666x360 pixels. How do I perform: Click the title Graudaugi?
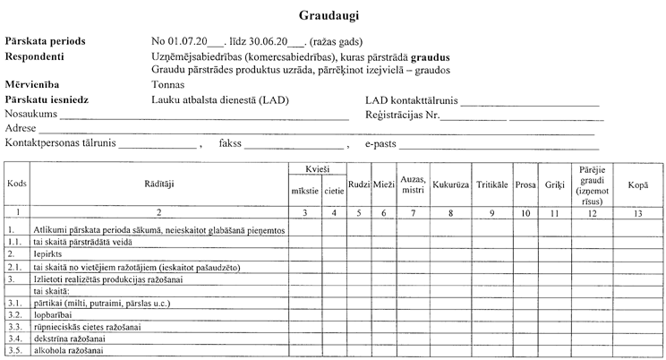(x=333, y=15)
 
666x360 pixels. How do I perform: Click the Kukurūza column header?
(x=452, y=185)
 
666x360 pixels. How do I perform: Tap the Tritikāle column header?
(x=493, y=185)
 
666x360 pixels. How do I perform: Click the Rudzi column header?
(x=358, y=185)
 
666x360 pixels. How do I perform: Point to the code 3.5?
(x=14, y=350)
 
